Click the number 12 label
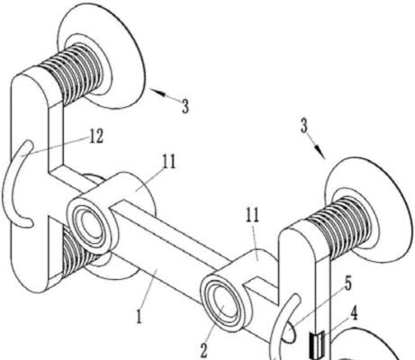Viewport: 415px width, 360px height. tap(96, 137)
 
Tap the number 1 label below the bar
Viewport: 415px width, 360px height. tap(139, 317)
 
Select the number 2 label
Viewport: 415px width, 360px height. tap(204, 350)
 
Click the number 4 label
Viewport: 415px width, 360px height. tap(354, 314)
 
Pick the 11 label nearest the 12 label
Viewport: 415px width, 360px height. tap(169, 162)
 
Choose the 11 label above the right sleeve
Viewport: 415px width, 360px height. tap(252, 215)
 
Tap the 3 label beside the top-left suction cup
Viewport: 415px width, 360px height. tap(185, 106)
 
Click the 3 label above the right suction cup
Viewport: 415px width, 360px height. tap(304, 126)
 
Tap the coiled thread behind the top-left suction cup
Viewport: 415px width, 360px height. tap(74, 74)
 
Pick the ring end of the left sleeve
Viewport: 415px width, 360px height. tap(89, 223)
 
